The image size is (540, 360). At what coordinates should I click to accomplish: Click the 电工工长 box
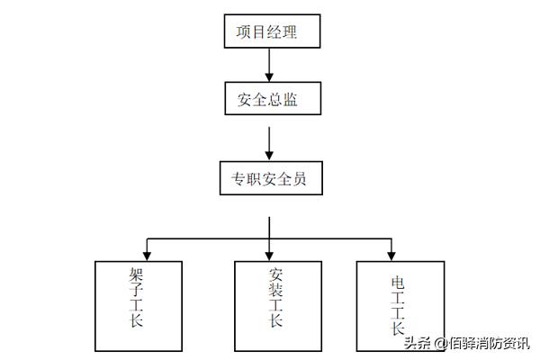click(x=400, y=306)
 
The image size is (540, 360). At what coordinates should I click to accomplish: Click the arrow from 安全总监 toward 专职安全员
click(x=269, y=139)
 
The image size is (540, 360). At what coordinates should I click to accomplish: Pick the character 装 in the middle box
click(x=275, y=293)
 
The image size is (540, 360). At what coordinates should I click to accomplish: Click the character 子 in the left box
click(x=136, y=293)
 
